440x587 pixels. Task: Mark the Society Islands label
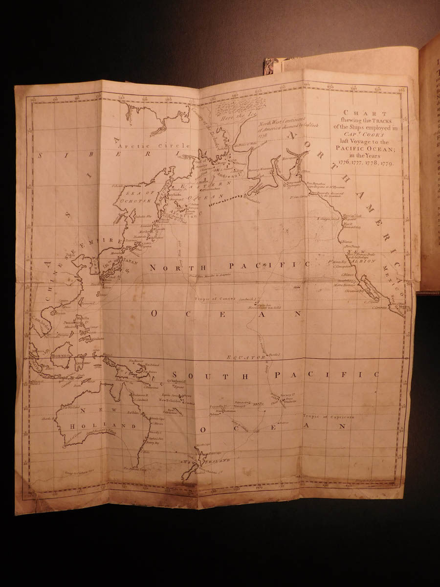(289, 394)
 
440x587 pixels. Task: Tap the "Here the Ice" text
(236, 115)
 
